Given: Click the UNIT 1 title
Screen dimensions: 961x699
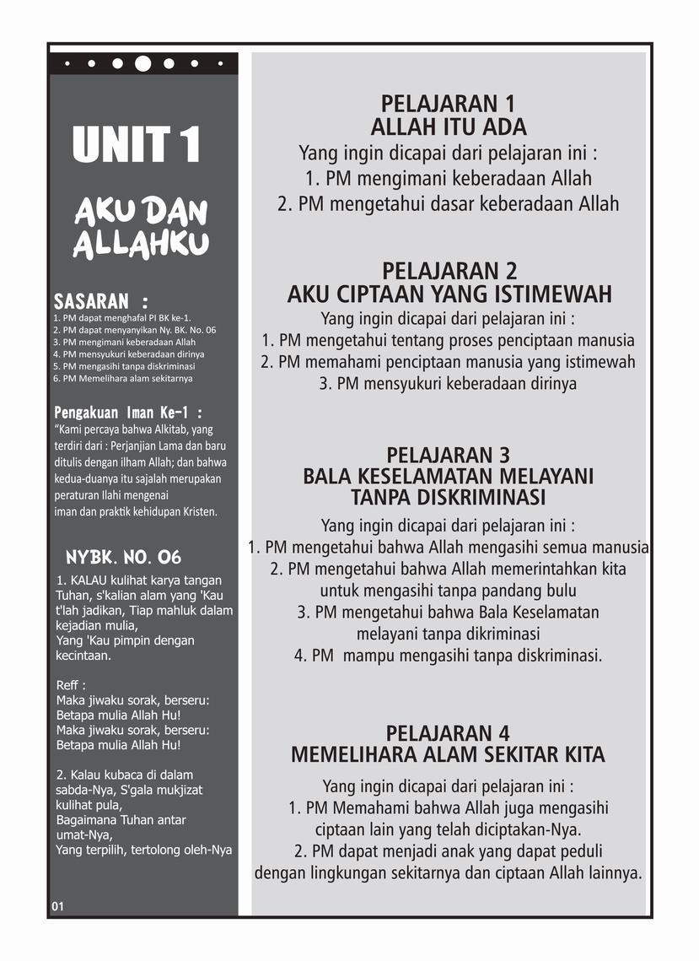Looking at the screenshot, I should (x=137, y=145).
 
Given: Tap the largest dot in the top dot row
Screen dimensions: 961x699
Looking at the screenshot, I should (x=143, y=63).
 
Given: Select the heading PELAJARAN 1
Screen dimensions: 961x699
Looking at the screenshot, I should (x=448, y=105).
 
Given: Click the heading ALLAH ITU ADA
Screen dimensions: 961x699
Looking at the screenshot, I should (x=448, y=127).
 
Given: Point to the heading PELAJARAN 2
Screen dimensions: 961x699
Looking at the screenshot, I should (x=449, y=272).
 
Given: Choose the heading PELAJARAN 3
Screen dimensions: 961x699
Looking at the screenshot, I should (x=448, y=456).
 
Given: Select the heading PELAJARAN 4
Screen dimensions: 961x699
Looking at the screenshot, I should (x=448, y=732).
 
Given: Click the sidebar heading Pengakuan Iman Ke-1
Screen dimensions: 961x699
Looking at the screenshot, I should (x=128, y=413).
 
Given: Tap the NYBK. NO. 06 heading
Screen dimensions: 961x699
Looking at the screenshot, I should (x=123, y=558).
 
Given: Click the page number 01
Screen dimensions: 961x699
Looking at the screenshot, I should (x=57, y=906).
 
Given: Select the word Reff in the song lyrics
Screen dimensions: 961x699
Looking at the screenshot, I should (x=71, y=684).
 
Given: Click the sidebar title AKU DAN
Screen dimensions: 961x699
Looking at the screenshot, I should (x=141, y=212).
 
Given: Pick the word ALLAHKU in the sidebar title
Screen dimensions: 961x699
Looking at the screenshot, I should (x=141, y=245).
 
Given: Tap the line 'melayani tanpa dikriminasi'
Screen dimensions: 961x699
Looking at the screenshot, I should (x=448, y=633).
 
